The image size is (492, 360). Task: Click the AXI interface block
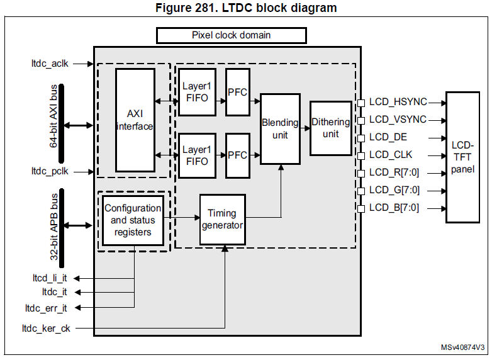135,120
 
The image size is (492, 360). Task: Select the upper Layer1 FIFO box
196,92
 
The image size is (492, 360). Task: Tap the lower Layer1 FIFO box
196,155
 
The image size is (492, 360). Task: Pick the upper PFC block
237,92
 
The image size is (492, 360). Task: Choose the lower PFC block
237,155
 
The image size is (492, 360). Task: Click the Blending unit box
280,128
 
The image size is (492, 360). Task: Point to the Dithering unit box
331,128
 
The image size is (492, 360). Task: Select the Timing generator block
222,219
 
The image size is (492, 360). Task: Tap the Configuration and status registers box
133,220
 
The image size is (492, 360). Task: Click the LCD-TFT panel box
467,157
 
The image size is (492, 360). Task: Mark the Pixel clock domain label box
231,35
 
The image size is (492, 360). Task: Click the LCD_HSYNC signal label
398,102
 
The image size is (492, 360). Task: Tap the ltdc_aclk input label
50,64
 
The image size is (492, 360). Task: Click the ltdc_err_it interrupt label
46,308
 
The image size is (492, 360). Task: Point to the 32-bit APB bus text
54,225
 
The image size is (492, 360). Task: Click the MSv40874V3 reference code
462,347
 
